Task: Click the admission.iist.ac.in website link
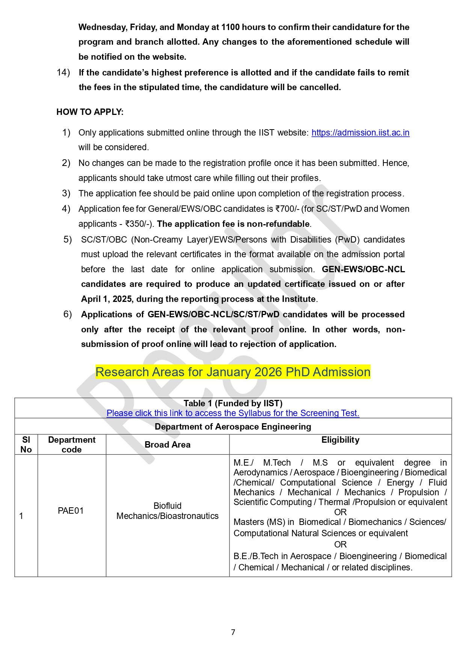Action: (360, 133)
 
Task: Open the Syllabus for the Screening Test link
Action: (233, 413)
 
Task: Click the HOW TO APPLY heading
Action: (90, 112)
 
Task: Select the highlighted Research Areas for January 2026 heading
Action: (233, 372)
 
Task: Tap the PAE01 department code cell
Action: (71, 511)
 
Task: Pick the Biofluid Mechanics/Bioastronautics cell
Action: (167, 511)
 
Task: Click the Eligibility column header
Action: (340, 440)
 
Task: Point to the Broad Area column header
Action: (167, 445)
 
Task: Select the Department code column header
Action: (72, 445)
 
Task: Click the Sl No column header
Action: (26, 445)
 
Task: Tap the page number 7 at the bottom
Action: (233, 632)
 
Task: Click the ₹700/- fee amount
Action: (287, 209)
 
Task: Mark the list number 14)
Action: (63, 72)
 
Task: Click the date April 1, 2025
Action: (107, 299)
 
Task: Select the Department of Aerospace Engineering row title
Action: (233, 427)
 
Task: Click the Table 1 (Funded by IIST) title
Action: (233, 403)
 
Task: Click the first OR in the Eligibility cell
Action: (340, 512)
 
